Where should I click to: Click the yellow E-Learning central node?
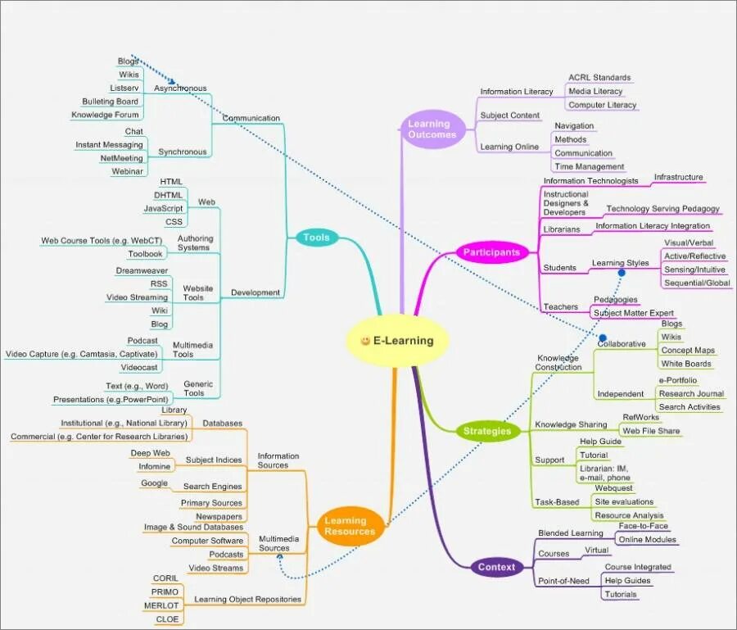398,341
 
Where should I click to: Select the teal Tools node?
316,238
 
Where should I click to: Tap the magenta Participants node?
491,252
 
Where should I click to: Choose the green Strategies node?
486,431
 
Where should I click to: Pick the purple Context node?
496,567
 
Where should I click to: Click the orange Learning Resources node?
350,526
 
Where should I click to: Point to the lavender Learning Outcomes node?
429,129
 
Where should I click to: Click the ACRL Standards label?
599,78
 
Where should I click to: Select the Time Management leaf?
589,166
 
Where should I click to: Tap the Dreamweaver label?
142,270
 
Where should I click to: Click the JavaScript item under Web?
164,208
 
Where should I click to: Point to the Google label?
154,483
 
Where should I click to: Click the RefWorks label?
640,418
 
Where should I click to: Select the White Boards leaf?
686,364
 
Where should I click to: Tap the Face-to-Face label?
643,526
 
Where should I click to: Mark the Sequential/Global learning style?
697,283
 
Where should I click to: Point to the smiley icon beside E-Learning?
365,341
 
